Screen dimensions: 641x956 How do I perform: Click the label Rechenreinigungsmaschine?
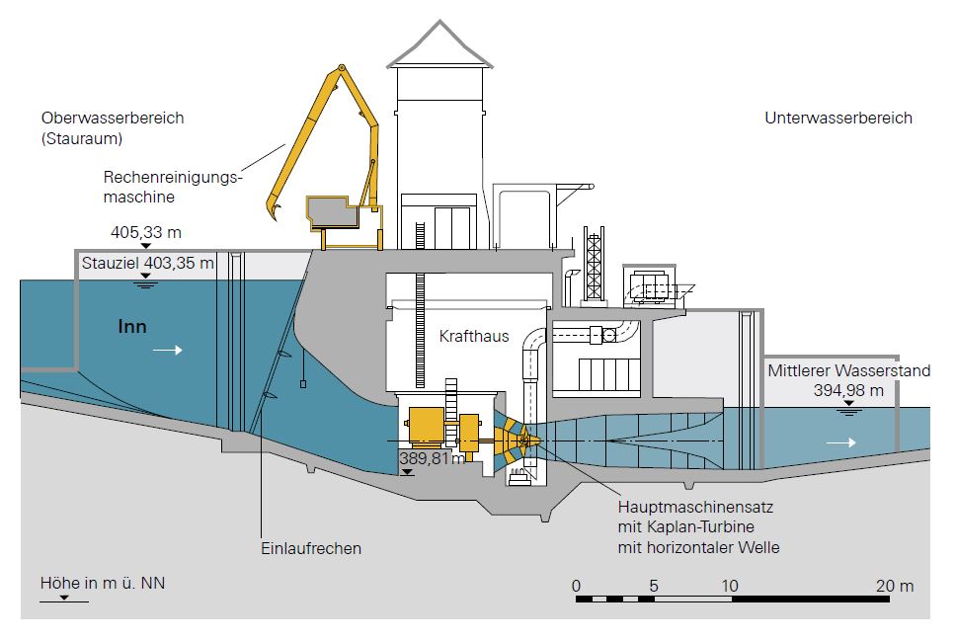tap(173, 188)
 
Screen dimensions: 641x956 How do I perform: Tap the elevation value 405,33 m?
tap(147, 233)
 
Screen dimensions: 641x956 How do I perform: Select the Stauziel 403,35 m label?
tap(147, 264)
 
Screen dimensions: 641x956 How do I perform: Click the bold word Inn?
tap(132, 326)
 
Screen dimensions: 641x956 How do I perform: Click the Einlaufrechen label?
tap(312, 549)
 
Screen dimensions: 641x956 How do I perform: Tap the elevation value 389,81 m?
tap(432, 459)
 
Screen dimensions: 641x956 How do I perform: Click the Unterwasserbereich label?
tap(838, 119)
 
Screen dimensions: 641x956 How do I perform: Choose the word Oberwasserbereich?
tap(113, 119)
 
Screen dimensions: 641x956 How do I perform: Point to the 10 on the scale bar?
tap(729, 586)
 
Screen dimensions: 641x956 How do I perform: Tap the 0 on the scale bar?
tap(576, 586)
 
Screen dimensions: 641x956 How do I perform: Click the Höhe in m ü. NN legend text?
tap(103, 583)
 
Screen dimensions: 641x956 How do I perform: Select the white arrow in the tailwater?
tap(841, 443)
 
